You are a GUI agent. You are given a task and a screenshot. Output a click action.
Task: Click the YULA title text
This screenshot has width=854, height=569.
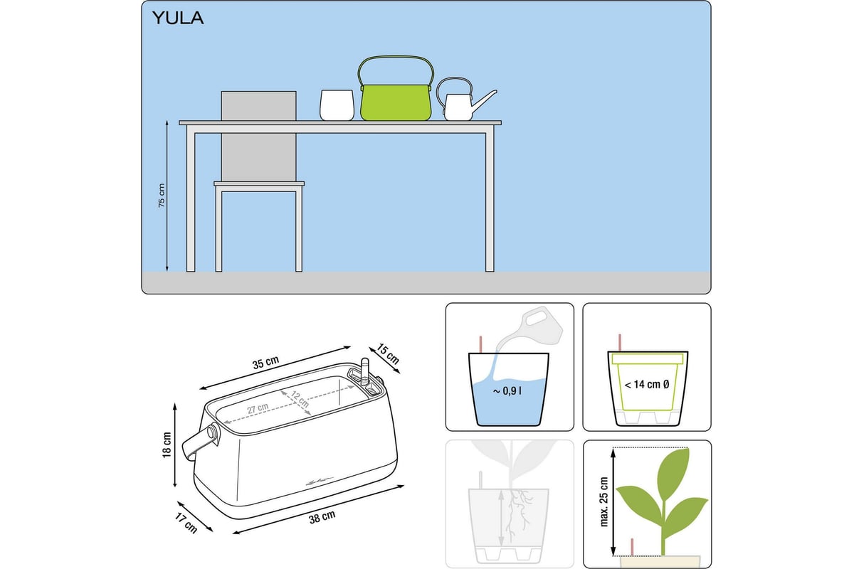tap(178, 18)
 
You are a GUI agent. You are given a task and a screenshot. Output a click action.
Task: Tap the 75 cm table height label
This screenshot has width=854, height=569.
tap(162, 196)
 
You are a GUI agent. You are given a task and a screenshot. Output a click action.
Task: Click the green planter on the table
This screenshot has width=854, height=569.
tap(396, 102)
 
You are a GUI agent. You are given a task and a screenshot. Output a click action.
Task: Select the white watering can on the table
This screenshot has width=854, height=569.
tap(466, 100)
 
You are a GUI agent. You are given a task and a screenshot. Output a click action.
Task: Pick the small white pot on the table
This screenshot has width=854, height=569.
tap(337, 105)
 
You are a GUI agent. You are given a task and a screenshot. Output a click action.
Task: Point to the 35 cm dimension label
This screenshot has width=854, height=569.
tap(265, 363)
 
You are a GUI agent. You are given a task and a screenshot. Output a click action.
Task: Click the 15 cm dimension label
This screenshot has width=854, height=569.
tap(388, 353)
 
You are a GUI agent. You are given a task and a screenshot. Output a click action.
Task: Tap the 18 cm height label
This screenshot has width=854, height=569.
tap(167, 445)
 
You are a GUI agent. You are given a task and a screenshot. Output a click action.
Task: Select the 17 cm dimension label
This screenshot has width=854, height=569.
tap(186, 523)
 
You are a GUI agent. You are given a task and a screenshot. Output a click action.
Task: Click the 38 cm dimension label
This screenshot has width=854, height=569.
tap(322, 517)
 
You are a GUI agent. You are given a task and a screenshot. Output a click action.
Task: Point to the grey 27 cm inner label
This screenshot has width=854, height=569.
tap(258, 408)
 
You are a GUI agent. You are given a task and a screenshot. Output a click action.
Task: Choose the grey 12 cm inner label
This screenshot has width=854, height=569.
tap(300, 399)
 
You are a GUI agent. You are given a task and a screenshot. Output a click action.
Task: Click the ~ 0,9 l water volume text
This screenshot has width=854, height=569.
tap(507, 391)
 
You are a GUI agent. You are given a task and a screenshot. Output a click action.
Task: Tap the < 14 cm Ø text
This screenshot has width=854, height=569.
tap(647, 385)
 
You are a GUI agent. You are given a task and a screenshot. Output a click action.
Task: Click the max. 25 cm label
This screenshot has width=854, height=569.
tap(604, 502)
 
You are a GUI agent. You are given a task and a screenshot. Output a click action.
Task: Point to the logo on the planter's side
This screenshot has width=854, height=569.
tap(319, 482)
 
